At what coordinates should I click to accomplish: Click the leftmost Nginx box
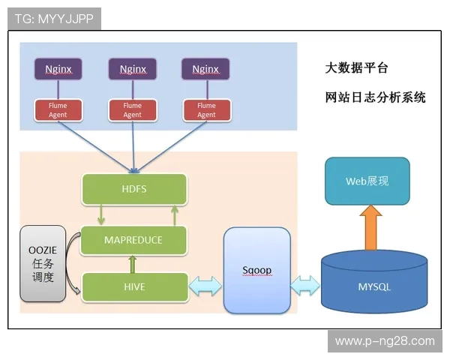click(x=58, y=69)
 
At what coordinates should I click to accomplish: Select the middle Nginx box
click(x=132, y=69)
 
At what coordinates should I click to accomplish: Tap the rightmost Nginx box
click(x=205, y=69)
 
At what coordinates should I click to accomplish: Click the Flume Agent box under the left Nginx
click(x=58, y=110)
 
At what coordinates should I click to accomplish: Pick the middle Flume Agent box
click(x=132, y=110)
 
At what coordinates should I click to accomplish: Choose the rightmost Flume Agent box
click(x=205, y=110)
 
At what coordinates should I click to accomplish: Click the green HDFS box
click(x=133, y=189)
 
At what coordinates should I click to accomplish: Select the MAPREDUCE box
click(x=133, y=240)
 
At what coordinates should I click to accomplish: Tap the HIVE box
click(x=133, y=286)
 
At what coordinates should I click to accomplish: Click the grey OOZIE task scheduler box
click(x=43, y=263)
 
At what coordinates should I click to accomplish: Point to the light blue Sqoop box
click(x=256, y=271)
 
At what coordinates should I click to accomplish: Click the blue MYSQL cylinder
click(x=374, y=286)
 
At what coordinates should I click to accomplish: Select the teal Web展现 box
click(x=367, y=181)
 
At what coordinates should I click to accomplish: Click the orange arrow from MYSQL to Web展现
click(x=370, y=228)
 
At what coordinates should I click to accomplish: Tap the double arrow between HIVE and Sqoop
click(x=205, y=286)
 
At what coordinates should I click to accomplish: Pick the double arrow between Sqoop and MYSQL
click(x=305, y=286)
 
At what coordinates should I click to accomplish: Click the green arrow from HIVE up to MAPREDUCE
click(x=133, y=264)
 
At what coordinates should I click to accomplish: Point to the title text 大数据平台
click(x=357, y=68)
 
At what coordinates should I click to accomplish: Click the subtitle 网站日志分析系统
click(x=375, y=97)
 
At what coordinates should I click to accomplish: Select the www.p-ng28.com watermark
click(x=385, y=341)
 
